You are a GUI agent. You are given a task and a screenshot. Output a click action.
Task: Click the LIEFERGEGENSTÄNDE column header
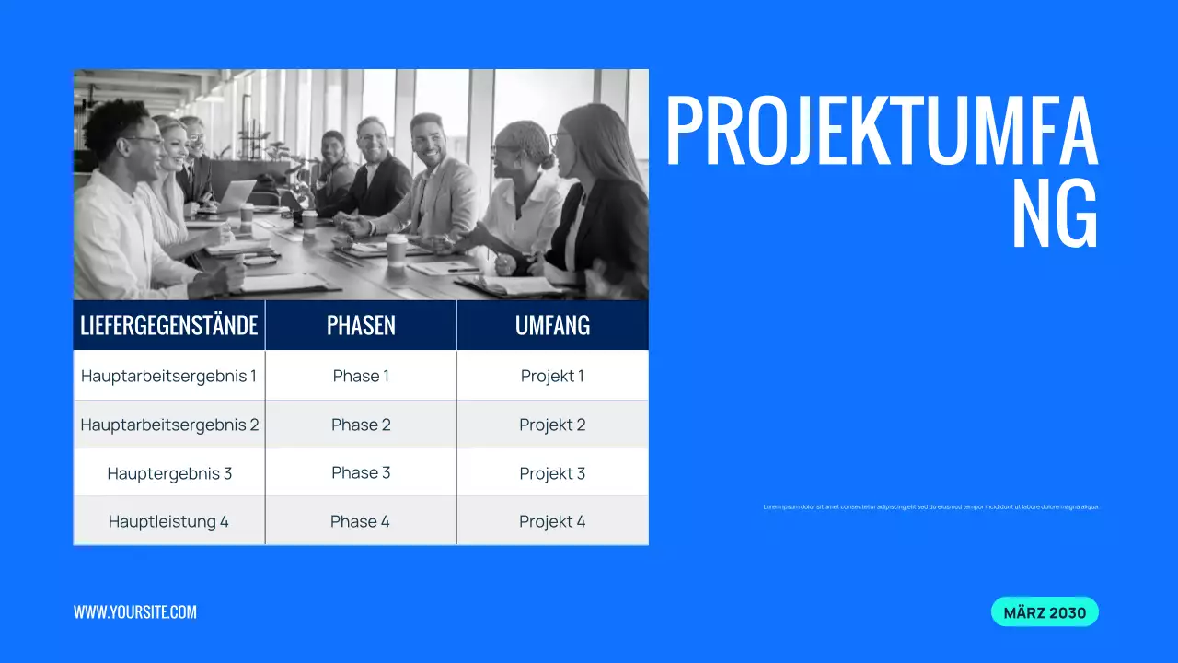pos(169,325)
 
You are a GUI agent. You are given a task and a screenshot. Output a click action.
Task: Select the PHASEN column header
pos(361,325)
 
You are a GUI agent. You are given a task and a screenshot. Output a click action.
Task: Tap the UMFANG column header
pos(552,325)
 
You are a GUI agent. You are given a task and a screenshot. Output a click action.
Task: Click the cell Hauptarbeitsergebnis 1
pos(169,376)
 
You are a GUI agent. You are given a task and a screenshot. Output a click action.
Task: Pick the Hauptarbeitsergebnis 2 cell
pos(169,425)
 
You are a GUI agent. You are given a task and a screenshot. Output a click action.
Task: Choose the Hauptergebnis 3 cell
pos(169,473)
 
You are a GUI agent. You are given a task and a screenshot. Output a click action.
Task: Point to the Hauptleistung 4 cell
pos(169,521)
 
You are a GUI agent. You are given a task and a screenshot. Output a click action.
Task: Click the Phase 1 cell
pos(361,376)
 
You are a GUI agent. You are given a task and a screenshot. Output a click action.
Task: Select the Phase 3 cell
pos(361,472)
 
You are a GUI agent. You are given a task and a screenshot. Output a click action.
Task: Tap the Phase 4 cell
pos(361,521)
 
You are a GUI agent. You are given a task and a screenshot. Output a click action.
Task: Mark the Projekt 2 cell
pos(552,425)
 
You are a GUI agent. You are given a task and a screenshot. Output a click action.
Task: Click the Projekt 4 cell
pos(552,521)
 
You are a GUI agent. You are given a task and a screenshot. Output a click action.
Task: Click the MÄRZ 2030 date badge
pos(1045,612)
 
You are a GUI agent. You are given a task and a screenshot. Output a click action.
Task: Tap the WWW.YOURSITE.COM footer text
pos(135,612)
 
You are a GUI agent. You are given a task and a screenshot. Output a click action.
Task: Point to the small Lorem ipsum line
pos(931,506)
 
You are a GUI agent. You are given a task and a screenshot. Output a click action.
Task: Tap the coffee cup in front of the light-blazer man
pos(397,248)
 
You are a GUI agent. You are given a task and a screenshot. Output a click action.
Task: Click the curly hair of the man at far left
pos(115,120)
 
